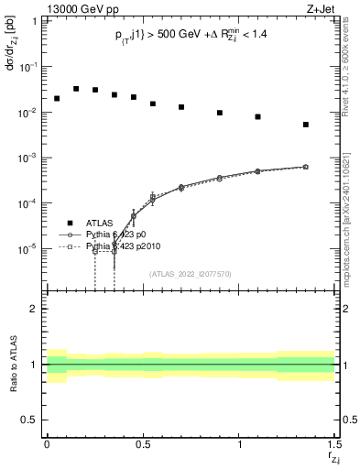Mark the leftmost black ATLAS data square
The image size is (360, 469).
click(57, 98)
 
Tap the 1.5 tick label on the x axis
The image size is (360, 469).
click(334, 444)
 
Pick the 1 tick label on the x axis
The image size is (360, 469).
click(239, 444)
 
